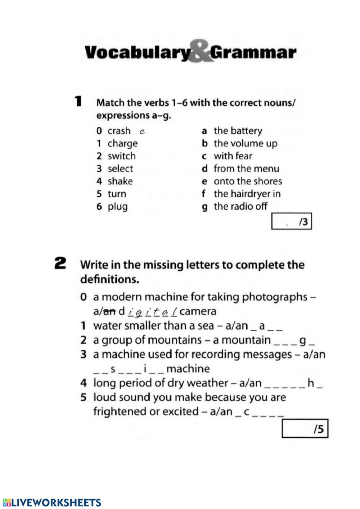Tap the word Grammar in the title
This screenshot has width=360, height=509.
[253, 53]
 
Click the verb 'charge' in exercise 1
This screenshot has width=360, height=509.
[122, 143]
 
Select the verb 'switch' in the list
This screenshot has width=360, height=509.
[122, 156]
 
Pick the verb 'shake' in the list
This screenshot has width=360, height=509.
[120, 181]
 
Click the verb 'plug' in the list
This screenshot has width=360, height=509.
[118, 207]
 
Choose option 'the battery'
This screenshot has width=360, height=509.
[238, 131]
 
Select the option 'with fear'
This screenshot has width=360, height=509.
[233, 156]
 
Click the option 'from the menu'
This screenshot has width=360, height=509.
[246, 169]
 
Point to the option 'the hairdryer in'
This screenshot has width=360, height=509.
[247, 194]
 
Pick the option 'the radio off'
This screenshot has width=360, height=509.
[240, 206]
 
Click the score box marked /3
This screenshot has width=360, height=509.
[291, 222]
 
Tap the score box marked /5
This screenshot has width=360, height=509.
[305, 429]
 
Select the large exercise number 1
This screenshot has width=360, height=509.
[77, 101]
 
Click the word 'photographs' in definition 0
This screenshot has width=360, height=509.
[275, 297]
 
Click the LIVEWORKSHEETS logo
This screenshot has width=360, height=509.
[52, 503]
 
